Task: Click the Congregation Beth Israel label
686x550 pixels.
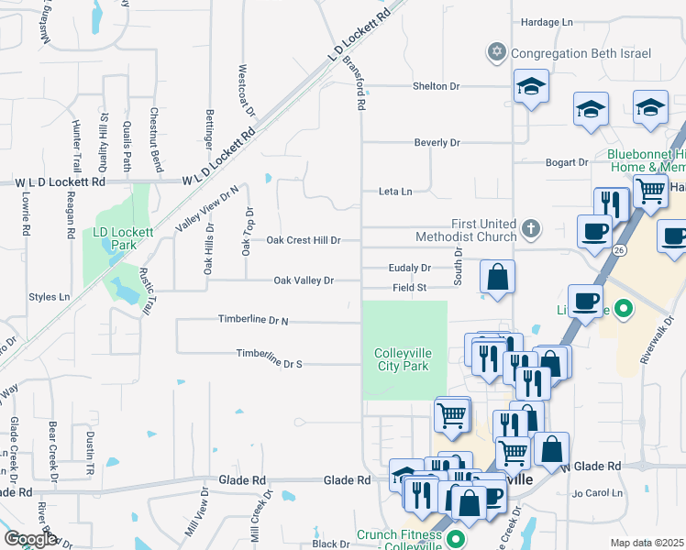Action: point(581,53)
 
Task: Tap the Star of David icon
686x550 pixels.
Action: point(497,52)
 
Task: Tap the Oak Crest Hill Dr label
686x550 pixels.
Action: point(304,240)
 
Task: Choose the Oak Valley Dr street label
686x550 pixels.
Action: point(304,280)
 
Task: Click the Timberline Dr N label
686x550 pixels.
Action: point(253,320)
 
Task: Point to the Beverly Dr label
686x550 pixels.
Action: point(437,143)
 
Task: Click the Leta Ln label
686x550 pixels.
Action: point(395,192)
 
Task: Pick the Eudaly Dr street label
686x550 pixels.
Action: point(409,268)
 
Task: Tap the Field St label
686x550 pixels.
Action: point(410,288)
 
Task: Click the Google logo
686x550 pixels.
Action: point(29,539)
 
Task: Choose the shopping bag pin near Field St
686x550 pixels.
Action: point(497,278)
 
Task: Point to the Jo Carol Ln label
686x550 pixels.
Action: point(597,493)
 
